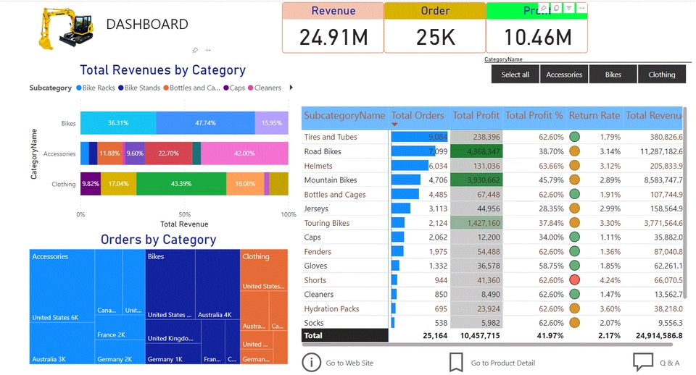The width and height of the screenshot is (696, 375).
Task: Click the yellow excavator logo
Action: click(65, 28)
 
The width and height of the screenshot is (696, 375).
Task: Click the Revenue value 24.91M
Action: click(333, 37)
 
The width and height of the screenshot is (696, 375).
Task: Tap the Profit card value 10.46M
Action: click(537, 37)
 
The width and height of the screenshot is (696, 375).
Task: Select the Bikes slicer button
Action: click(613, 75)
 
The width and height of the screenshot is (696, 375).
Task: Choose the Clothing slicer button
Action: click(661, 75)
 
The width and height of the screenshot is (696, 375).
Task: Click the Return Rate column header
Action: click(594, 115)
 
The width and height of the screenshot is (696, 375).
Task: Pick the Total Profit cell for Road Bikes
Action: click(476, 151)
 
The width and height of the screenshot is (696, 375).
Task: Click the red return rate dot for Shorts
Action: click(574, 280)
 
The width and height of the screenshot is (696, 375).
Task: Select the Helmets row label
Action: click(320, 166)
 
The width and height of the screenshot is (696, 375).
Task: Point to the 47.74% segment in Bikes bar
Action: click(205, 123)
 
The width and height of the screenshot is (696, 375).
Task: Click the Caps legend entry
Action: click(233, 88)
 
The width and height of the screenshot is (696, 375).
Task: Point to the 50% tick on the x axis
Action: click(184, 214)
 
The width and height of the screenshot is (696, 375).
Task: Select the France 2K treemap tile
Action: click(112, 334)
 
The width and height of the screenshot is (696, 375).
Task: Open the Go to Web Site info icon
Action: click(311, 362)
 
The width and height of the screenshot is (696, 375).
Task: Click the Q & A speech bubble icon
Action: click(643, 362)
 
